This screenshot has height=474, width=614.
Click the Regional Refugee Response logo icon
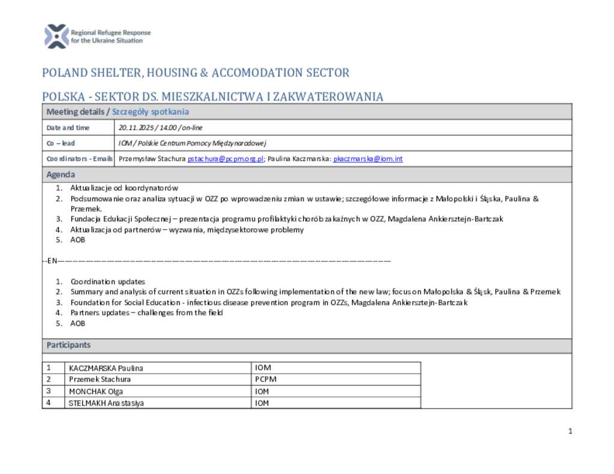[x=56, y=36]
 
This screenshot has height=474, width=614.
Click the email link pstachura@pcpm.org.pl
[x=226, y=159]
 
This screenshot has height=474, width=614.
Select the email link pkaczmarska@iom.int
[x=368, y=159]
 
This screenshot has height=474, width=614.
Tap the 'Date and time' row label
[x=68, y=128]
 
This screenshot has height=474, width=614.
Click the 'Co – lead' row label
[x=61, y=143]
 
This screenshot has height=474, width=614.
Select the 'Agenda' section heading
[x=61, y=174]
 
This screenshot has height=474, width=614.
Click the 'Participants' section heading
[x=68, y=345]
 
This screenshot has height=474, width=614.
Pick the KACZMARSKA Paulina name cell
[x=106, y=368]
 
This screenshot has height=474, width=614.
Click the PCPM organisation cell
[x=266, y=379]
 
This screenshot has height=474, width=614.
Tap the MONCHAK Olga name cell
[x=96, y=391]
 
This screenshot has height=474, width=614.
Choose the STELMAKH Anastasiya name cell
[x=106, y=403]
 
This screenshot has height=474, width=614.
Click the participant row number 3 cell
[x=48, y=391]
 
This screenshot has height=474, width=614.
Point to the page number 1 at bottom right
[x=570, y=431]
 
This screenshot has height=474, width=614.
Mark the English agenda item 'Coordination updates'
[x=107, y=282]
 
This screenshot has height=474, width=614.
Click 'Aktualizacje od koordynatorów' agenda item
[x=124, y=188]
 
